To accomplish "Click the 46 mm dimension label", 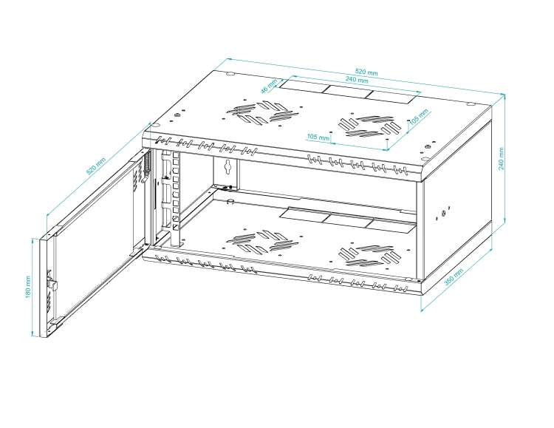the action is click(x=269, y=86).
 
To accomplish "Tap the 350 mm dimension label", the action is click(x=454, y=277).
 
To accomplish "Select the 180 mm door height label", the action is click(x=28, y=287).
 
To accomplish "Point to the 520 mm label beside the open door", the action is click(x=96, y=166).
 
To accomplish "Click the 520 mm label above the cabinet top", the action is click(x=366, y=72).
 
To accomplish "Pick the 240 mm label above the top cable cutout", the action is click(x=357, y=80).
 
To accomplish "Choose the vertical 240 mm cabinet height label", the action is click(x=502, y=158).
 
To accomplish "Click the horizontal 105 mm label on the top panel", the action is click(x=318, y=137).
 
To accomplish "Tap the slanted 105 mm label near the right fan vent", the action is click(x=419, y=116).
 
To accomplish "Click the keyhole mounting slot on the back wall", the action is click(x=228, y=166).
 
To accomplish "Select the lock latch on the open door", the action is click(x=52, y=283).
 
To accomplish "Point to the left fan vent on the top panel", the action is click(x=261, y=114).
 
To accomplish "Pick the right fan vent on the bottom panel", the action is click(x=369, y=255).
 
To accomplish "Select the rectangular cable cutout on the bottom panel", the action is click(x=347, y=220).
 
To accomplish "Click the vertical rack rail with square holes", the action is click(x=176, y=198).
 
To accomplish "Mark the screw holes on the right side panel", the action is click(x=443, y=213).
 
